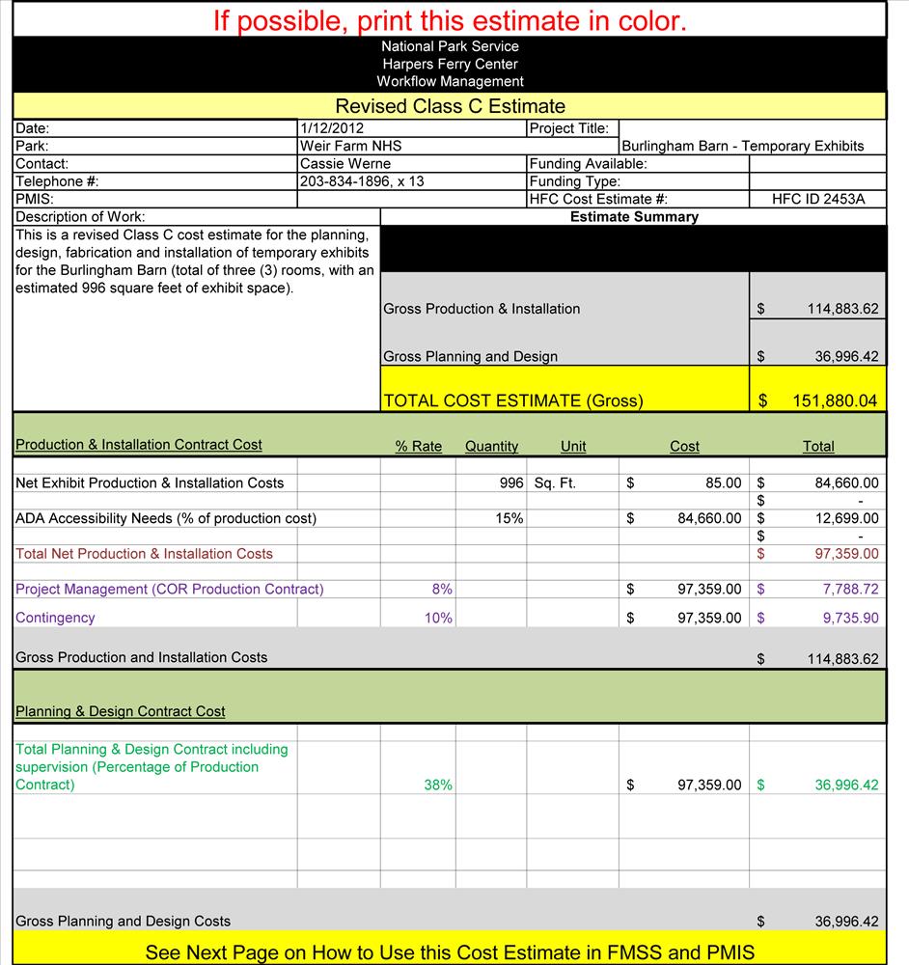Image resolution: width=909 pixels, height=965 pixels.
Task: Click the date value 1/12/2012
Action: pyautogui.click(x=332, y=128)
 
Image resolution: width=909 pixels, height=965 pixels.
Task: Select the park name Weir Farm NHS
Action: pyautogui.click(x=350, y=146)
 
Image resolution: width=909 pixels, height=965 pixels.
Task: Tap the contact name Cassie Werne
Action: pyautogui.click(x=345, y=164)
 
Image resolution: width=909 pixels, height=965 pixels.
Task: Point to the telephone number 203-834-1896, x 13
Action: pyautogui.click(x=362, y=181)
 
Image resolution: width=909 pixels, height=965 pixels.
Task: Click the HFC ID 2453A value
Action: pyautogui.click(x=819, y=200)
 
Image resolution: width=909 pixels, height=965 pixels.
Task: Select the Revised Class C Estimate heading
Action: pyautogui.click(x=450, y=106)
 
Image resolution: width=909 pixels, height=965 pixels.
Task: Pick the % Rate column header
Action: pyautogui.click(x=419, y=447)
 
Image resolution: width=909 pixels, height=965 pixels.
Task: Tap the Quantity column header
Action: pyautogui.click(x=491, y=447)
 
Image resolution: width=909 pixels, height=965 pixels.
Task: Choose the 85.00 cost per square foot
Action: pyautogui.click(x=724, y=482)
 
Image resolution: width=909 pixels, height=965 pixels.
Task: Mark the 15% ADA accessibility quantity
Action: pyautogui.click(x=510, y=518)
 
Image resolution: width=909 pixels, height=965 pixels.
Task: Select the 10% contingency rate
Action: pyautogui.click(x=438, y=618)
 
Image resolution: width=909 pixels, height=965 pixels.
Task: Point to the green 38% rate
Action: pyautogui.click(x=438, y=786)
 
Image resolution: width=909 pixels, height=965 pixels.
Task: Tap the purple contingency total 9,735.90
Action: pyautogui.click(x=850, y=618)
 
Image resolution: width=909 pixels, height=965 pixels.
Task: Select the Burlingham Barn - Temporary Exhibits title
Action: pyautogui.click(x=743, y=147)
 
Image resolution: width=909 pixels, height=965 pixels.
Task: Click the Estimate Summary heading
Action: pyautogui.click(x=634, y=217)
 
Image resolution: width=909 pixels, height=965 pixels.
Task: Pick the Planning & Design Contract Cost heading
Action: pyautogui.click(x=121, y=711)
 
